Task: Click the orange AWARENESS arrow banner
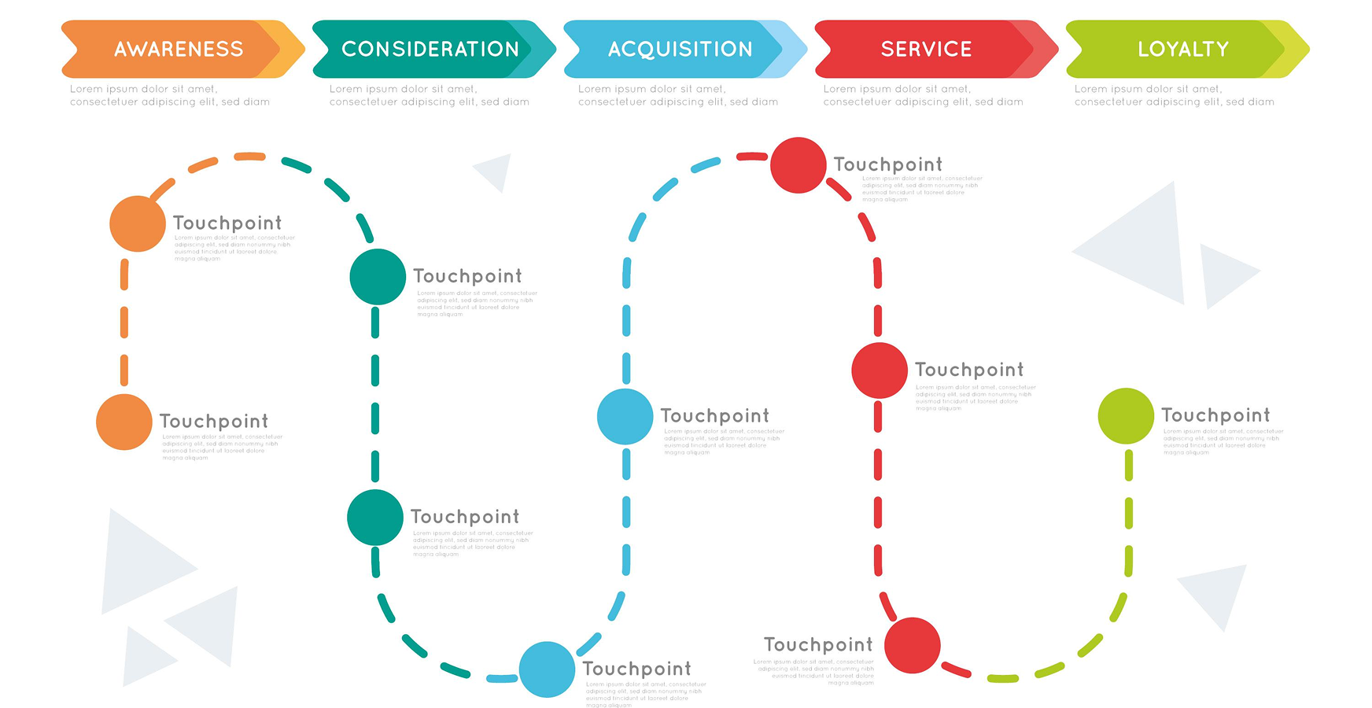pyautogui.click(x=179, y=49)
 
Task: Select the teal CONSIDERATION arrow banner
pyautogui.click(x=430, y=49)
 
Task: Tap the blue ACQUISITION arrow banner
pyautogui.click(x=680, y=49)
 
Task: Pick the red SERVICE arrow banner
pyautogui.click(x=927, y=49)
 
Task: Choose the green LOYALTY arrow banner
pyautogui.click(x=1182, y=49)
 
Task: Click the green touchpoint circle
pyautogui.click(x=1126, y=416)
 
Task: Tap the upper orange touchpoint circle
pyautogui.click(x=138, y=223)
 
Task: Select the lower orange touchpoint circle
pyautogui.click(x=124, y=422)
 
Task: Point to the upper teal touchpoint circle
pyautogui.click(x=378, y=277)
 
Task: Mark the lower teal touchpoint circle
pyautogui.click(x=375, y=518)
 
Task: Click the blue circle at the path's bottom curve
pyautogui.click(x=547, y=669)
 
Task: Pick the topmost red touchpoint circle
pyautogui.click(x=798, y=165)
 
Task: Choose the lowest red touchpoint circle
pyautogui.click(x=913, y=646)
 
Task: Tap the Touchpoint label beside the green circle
pyautogui.click(x=1215, y=415)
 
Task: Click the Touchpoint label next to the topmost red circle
pyautogui.click(x=887, y=164)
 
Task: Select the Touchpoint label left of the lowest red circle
pyautogui.click(x=818, y=645)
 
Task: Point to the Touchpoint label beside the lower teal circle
pyautogui.click(x=465, y=517)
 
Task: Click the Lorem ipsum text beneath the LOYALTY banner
pyautogui.click(x=1174, y=95)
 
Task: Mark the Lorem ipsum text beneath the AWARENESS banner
pyautogui.click(x=169, y=95)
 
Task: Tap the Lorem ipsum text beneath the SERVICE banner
pyautogui.click(x=923, y=95)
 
